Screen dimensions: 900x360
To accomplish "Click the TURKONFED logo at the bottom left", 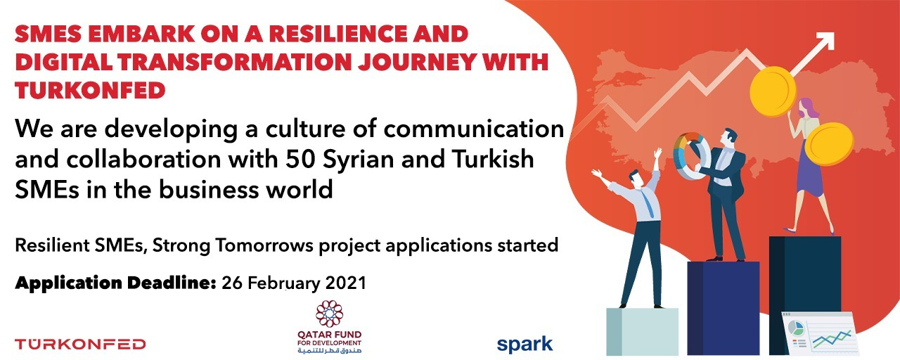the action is [x=80, y=345].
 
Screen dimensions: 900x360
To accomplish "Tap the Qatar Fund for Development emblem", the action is [x=330, y=314].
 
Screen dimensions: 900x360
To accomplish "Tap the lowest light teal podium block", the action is [x=642, y=331].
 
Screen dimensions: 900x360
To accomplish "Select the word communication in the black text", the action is [x=473, y=129].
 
